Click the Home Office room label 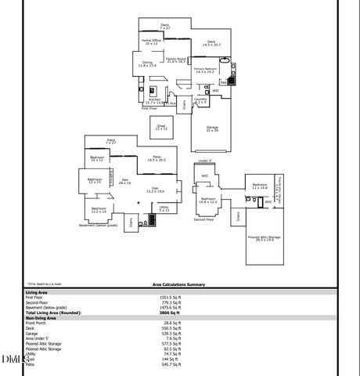[151, 42]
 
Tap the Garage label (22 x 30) [212, 128]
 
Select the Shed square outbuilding [160, 128]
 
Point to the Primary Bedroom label [205, 70]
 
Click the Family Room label [175, 60]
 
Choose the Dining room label [147, 64]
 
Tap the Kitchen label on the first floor [154, 100]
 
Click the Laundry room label [201, 100]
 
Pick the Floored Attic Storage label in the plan [265, 238]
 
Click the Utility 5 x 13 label [164, 208]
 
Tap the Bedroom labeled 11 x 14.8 [260, 186]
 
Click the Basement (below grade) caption [98, 225]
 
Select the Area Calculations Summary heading [178, 285]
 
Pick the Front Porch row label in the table [37, 323]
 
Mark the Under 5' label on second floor [205, 161]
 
